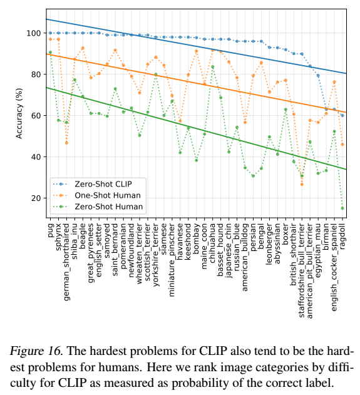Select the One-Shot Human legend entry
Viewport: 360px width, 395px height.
pos(97,195)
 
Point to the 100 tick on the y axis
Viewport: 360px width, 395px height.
pos(34,33)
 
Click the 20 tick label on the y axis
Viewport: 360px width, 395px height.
pos(36,198)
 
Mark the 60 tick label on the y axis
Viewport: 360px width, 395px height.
pos(36,116)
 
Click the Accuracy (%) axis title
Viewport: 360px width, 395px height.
pos(19,113)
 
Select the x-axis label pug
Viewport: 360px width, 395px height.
pos(51,230)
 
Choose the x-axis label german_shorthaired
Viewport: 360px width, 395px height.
pos(66,262)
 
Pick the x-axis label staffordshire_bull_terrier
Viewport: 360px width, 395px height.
pos(301,270)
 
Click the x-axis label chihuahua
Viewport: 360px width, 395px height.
pos(212,243)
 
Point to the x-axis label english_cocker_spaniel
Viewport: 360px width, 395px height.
pos(334,267)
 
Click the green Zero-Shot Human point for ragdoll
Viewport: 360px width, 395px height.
pos(342,208)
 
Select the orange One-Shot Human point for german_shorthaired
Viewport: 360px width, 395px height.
pos(66,143)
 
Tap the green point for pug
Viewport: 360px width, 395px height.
pos(50,53)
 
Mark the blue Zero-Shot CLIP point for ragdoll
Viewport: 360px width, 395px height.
pos(342,115)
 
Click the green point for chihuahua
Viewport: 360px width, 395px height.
pos(212,67)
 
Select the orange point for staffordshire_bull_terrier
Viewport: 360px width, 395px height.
pos(302,185)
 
